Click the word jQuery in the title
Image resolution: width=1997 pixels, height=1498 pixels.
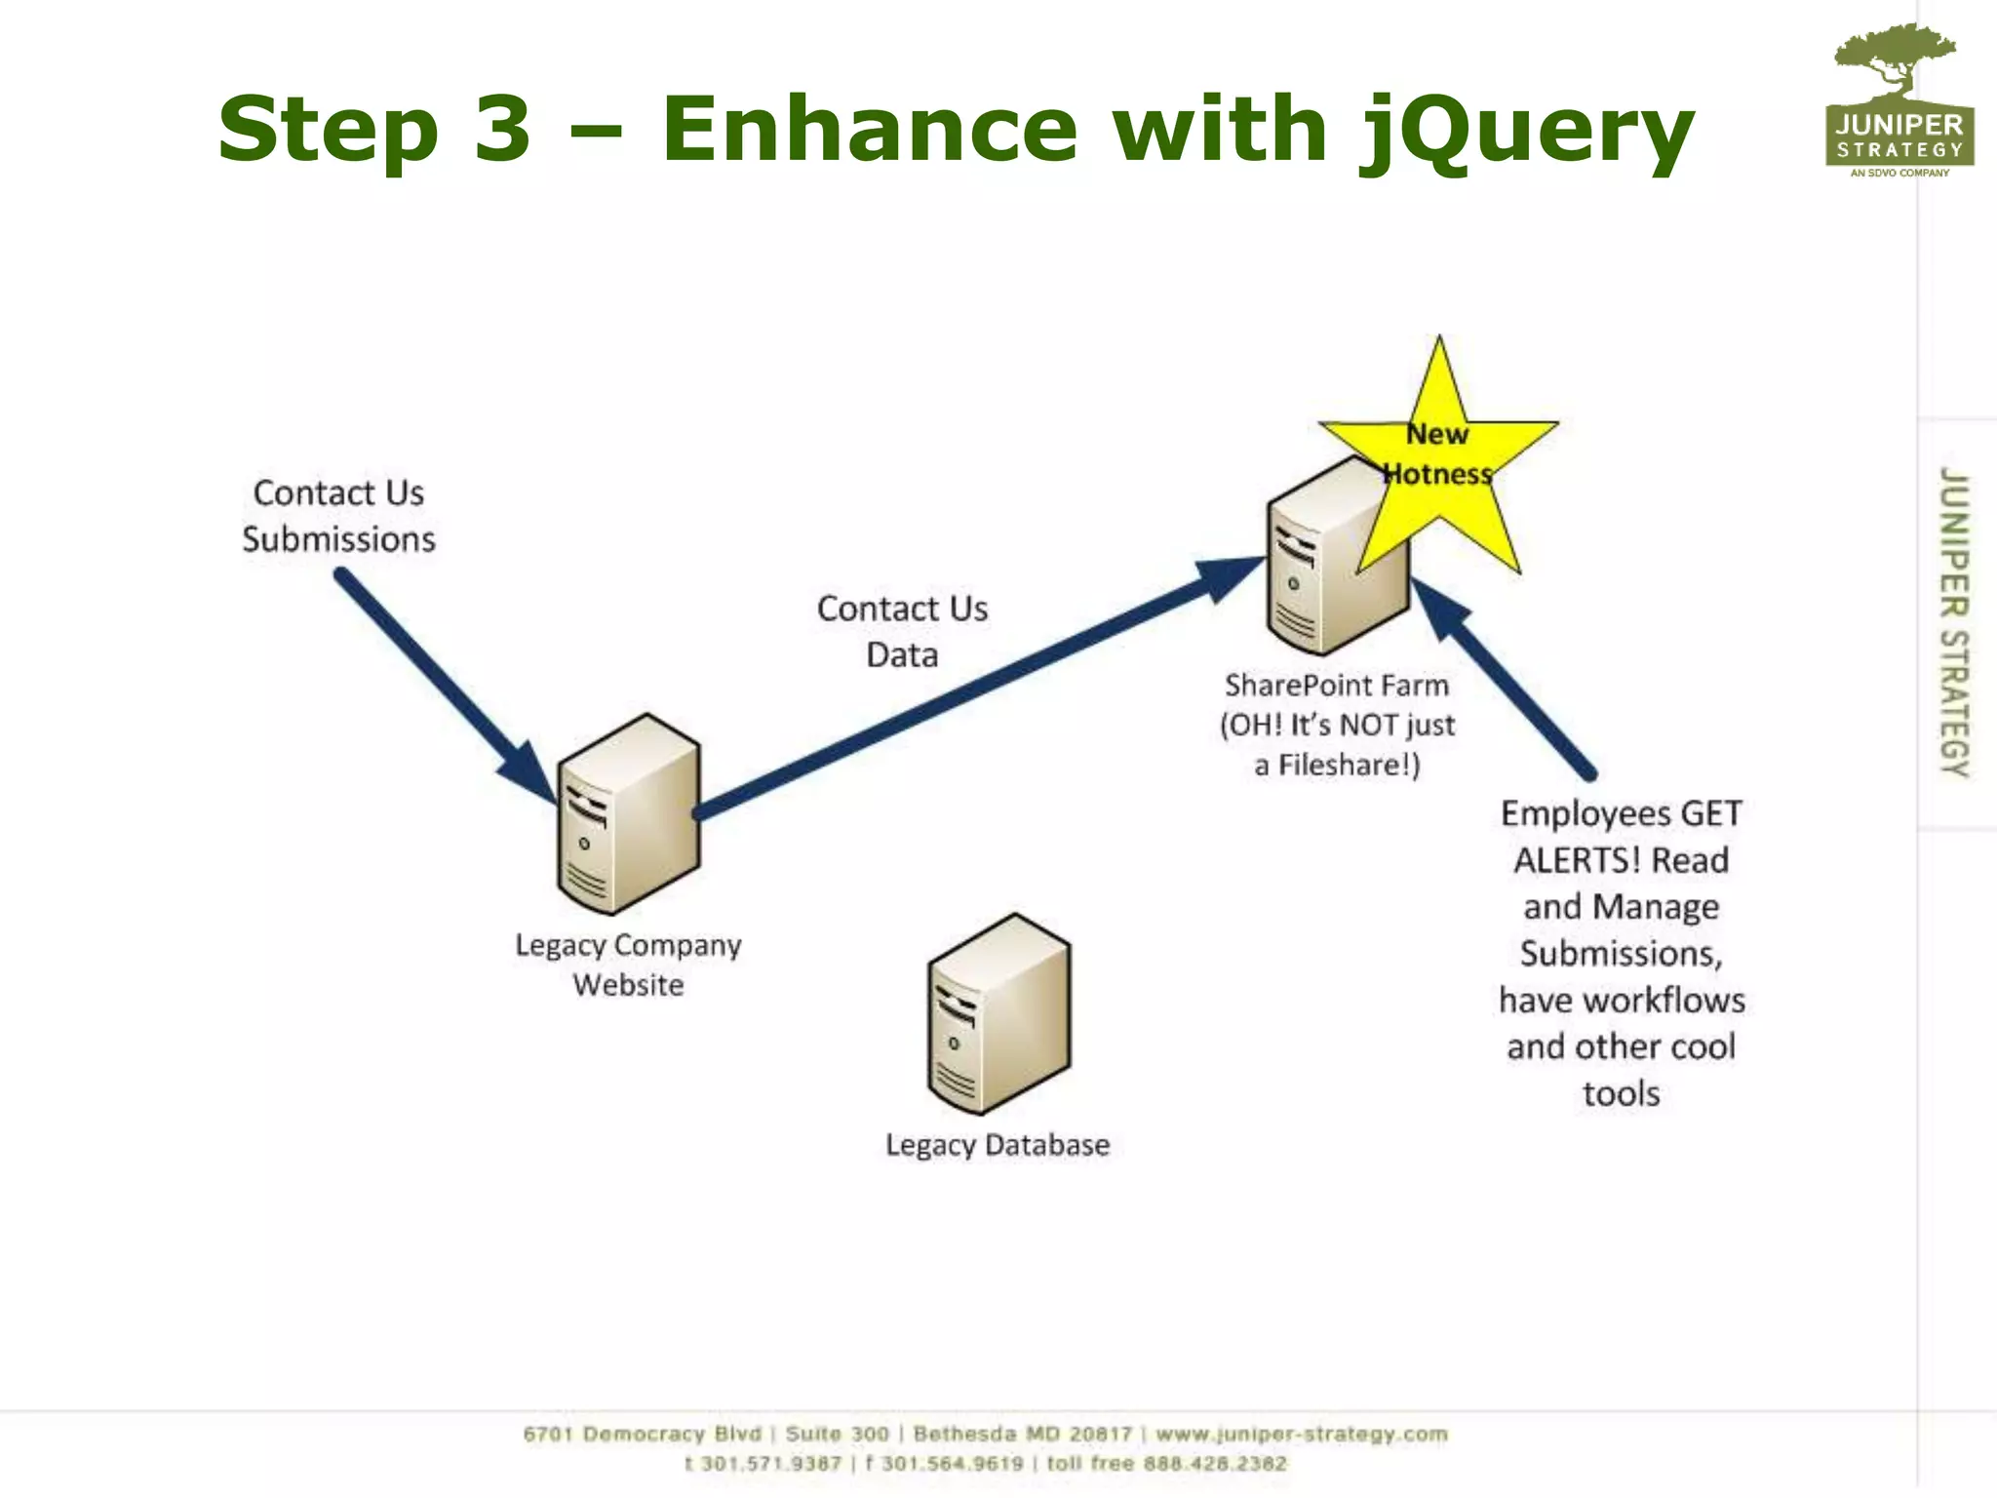(x=1526, y=132)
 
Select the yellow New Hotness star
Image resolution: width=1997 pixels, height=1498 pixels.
(x=1439, y=458)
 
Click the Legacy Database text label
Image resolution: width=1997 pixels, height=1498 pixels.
(x=998, y=1145)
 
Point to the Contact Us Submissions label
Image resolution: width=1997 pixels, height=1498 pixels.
(x=338, y=516)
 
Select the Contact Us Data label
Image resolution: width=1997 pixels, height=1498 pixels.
(x=902, y=631)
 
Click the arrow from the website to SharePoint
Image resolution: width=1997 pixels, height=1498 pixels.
(x=975, y=688)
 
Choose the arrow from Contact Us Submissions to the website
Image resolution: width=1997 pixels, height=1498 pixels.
(x=439, y=683)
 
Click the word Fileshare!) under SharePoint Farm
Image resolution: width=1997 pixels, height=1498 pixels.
(x=1350, y=766)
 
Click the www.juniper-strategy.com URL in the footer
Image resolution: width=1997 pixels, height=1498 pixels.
(x=1302, y=1434)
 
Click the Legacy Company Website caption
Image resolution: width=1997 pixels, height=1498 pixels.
(x=628, y=965)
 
